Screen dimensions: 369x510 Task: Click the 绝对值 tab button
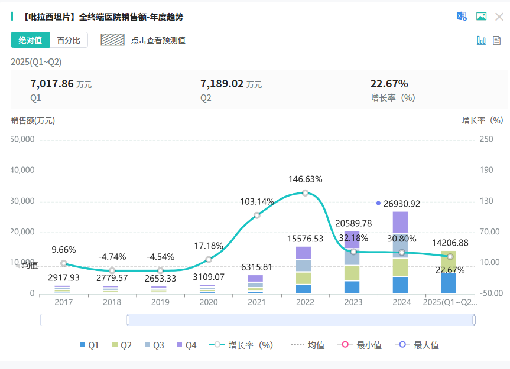click(30, 40)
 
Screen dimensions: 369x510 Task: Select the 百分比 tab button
click(69, 40)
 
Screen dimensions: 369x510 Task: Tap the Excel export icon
click(462, 17)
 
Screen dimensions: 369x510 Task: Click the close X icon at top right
click(499, 17)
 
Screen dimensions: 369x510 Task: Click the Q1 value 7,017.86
click(52, 84)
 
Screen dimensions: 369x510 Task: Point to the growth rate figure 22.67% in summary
click(389, 84)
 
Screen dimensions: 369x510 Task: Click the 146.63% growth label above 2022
click(305, 179)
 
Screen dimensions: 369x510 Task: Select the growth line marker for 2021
click(257, 215)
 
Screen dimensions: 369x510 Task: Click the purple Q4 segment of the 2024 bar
click(401, 223)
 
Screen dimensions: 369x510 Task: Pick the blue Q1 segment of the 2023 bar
click(352, 288)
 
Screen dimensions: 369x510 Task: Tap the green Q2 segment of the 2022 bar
click(304, 278)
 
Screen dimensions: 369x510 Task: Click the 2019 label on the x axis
click(161, 302)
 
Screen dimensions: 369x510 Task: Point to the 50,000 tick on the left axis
click(23, 139)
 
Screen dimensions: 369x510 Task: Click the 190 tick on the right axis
click(486, 170)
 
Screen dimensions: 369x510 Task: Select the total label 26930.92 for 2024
click(401, 204)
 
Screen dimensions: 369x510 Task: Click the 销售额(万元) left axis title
click(33, 120)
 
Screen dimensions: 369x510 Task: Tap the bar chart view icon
click(481, 40)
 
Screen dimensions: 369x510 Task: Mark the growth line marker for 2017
click(64, 264)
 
